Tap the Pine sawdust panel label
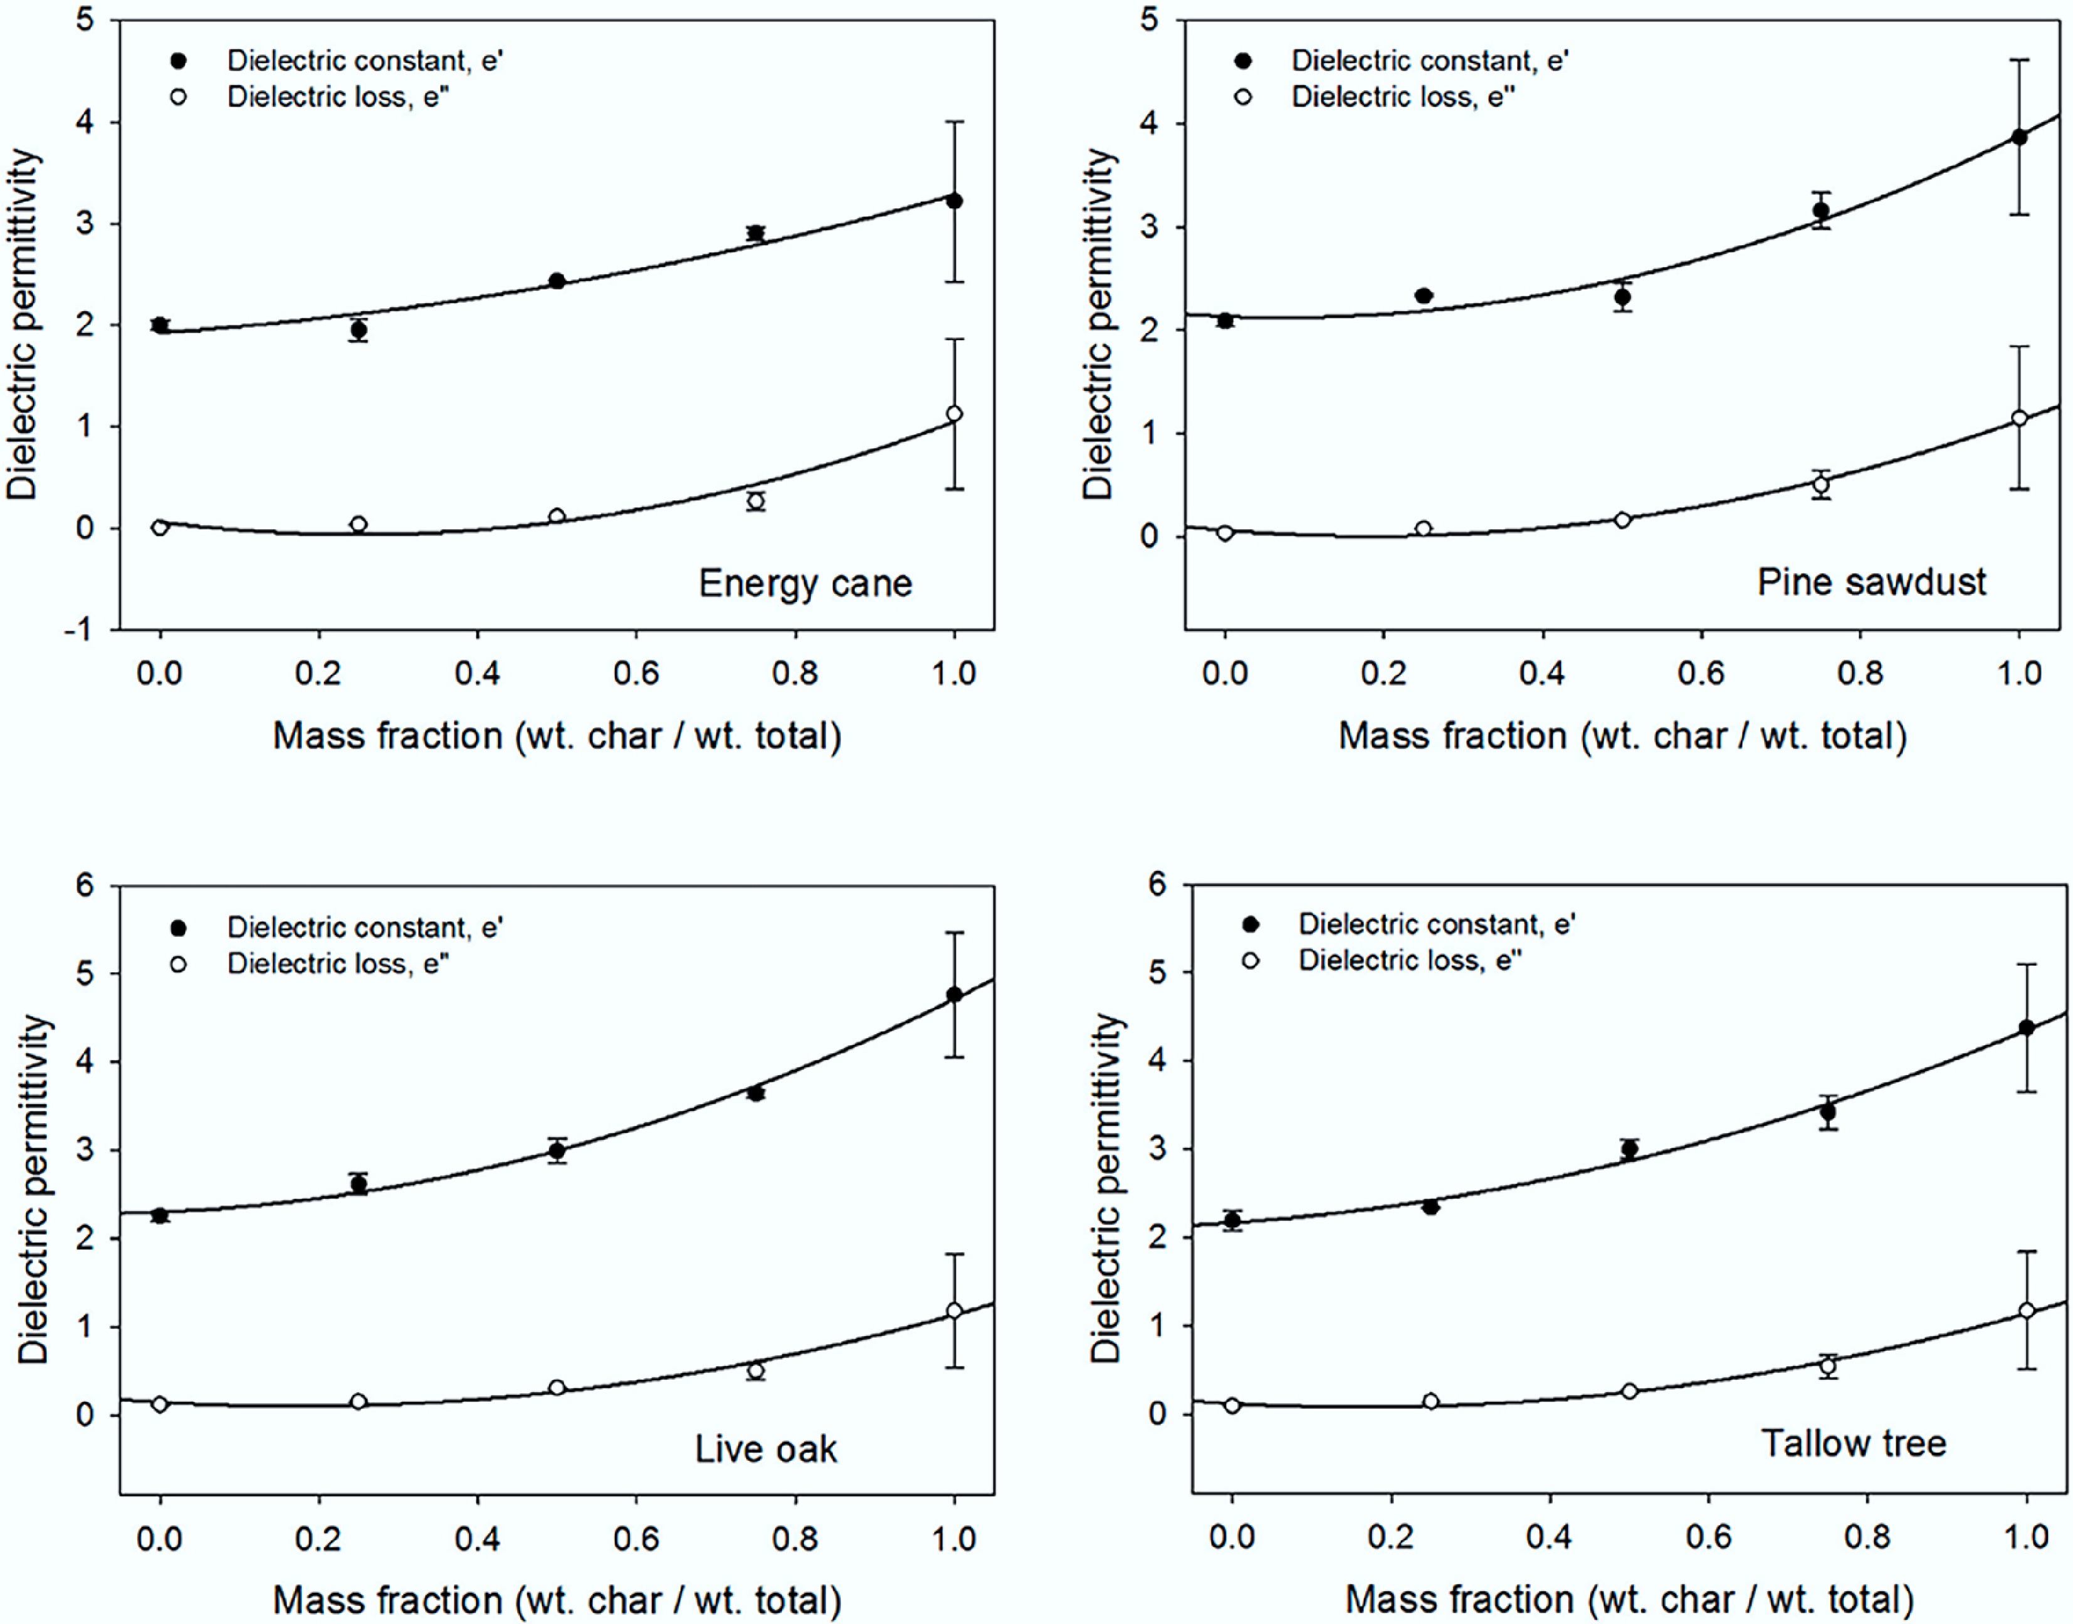point(1871,581)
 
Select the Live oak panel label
point(765,1449)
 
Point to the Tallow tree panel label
point(1854,1443)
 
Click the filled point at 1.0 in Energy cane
point(955,201)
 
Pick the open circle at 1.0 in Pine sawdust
point(2020,418)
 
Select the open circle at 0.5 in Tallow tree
point(1630,1391)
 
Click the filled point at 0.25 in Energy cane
point(359,330)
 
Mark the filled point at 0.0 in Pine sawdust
point(1225,320)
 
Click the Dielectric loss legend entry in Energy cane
point(337,97)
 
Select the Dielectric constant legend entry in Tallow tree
point(1436,925)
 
